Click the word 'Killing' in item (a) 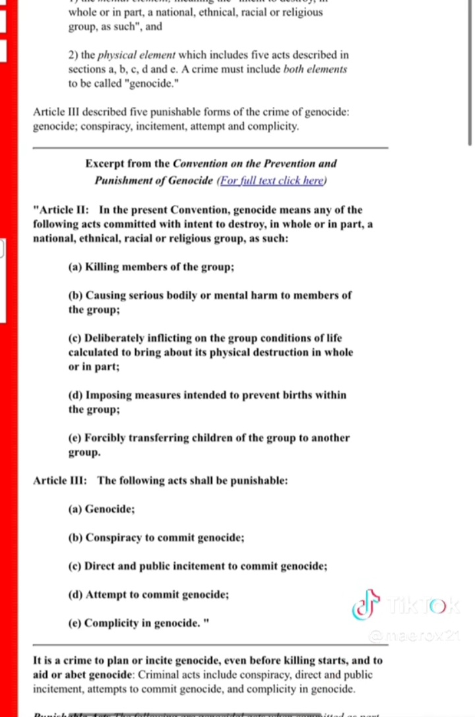(x=103, y=267)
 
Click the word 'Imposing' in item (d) (x=109, y=395)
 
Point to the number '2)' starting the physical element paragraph (x=74, y=55)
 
